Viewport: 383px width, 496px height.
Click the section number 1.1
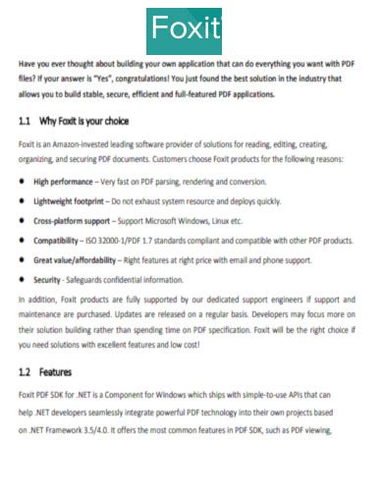[27, 122]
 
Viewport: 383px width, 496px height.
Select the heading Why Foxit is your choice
[83, 122]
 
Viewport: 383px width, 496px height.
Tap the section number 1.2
[27, 373]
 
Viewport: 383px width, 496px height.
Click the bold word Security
[48, 279]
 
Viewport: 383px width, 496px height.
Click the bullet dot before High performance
[22, 182]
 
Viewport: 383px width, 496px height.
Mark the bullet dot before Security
[22, 279]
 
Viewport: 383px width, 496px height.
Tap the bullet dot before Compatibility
[22, 240]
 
